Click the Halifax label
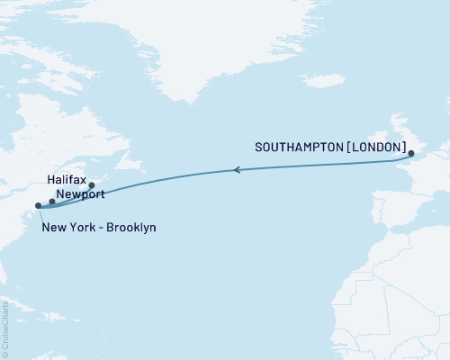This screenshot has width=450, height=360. pyautogui.click(x=66, y=180)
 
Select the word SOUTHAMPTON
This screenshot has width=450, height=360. pyautogui.click(x=295, y=147)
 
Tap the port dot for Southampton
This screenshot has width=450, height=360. pyautogui.click(x=412, y=156)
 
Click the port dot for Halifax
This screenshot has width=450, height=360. pyautogui.click(x=92, y=185)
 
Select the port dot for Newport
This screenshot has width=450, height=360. pyautogui.click(x=52, y=202)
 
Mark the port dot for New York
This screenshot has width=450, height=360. pyautogui.click(x=38, y=206)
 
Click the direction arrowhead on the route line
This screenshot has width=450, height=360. pyautogui.click(x=237, y=169)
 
